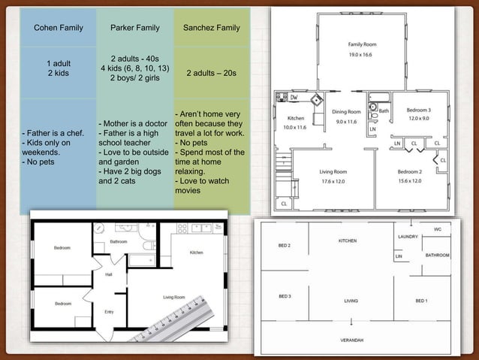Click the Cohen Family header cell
(58, 28)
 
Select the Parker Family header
(135, 28)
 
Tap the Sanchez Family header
(212, 28)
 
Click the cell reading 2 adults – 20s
(212, 73)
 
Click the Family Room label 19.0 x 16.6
(362, 50)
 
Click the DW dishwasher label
(294, 97)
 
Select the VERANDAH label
(351, 340)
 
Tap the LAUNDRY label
(407, 237)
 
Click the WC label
(438, 228)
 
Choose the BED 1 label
(421, 299)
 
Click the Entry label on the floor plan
(109, 311)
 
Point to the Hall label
(109, 275)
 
